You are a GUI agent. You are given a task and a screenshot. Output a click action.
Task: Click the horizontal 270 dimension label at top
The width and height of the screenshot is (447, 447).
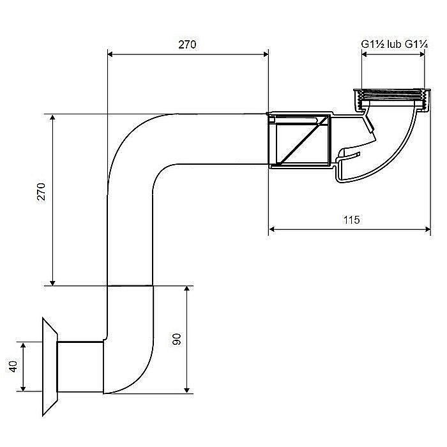tap(187, 45)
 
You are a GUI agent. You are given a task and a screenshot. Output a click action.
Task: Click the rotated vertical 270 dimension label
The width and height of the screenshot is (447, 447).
tap(42, 192)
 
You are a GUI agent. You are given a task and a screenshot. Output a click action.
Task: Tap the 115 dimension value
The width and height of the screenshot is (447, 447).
tap(351, 220)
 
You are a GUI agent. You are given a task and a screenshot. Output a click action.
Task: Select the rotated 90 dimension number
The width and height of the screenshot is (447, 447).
tap(177, 339)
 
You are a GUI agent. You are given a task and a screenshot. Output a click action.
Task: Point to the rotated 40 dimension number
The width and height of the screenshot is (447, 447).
tap(13, 367)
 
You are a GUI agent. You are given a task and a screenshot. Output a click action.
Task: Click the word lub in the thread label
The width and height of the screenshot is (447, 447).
tap(395, 44)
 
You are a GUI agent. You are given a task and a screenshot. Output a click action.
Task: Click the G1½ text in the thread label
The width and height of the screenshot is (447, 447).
tap(374, 44)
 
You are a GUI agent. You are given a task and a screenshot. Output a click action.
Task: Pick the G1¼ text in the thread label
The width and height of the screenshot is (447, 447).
tap(416, 44)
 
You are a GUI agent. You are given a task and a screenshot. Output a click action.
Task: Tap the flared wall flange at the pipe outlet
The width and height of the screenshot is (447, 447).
tap(50, 367)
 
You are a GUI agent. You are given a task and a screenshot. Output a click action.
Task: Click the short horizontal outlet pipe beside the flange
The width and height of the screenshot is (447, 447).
tap(80, 367)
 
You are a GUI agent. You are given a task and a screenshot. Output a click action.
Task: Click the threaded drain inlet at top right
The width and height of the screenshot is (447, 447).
tap(392, 100)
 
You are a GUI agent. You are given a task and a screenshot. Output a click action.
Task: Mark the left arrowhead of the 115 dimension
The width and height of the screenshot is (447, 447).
tap(272, 229)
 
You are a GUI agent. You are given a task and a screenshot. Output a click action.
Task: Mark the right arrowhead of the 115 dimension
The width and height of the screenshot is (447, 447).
tap(427, 229)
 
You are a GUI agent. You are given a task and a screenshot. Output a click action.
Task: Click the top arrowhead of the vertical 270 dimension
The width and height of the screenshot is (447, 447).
tap(52, 117)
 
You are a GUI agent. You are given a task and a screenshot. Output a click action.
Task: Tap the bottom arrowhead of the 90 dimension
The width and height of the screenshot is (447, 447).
tap(186, 390)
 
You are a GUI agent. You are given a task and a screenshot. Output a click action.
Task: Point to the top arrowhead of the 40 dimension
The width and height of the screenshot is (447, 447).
tap(23, 346)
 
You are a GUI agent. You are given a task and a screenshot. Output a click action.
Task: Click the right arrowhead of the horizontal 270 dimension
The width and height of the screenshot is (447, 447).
tap(266, 54)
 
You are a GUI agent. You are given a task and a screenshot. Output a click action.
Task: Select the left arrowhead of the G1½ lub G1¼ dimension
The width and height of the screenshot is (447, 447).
tap(365, 54)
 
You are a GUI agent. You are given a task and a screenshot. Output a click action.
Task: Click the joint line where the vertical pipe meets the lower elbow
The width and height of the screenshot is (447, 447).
tap(130, 285)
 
